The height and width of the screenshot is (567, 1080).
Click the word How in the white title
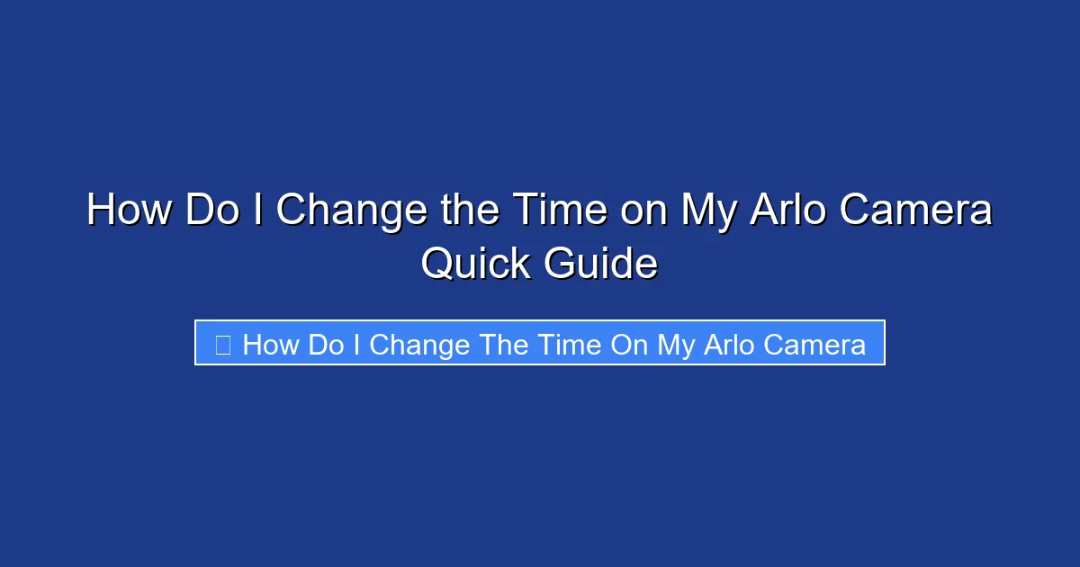[129, 211]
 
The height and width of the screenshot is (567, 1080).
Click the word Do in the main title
[211, 211]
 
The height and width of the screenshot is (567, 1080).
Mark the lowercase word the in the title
[462, 211]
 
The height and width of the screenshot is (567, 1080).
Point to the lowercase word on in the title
[643, 211]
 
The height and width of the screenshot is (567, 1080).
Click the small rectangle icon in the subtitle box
[223, 344]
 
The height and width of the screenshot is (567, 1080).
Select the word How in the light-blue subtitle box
[271, 345]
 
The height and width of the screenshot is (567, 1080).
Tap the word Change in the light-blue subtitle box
[419, 345]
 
